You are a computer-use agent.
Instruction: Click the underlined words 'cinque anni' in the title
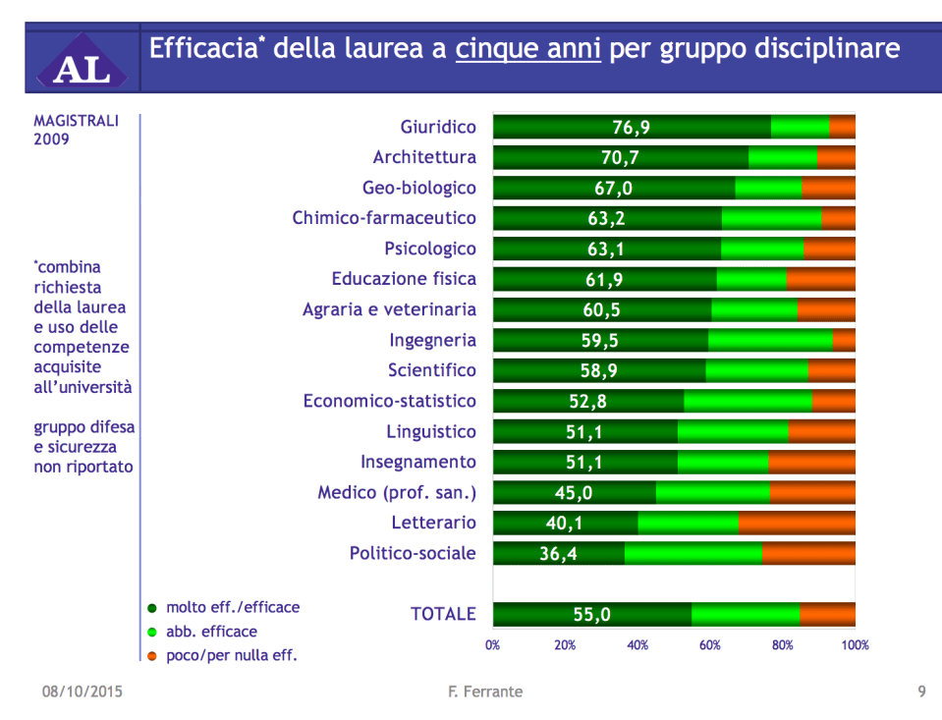point(527,49)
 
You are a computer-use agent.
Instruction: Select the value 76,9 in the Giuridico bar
point(631,127)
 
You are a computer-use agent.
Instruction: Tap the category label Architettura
point(424,157)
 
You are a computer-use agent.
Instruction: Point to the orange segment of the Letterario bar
point(796,524)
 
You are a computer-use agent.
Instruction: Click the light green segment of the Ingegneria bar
point(769,341)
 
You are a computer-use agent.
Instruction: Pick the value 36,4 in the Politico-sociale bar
point(558,554)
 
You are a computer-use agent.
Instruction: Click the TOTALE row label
point(443,614)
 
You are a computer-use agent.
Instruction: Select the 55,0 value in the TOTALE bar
point(591,615)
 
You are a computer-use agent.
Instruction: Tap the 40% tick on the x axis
point(637,645)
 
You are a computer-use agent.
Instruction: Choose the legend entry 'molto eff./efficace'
point(232,608)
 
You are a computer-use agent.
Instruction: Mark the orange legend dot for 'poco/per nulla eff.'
point(152,655)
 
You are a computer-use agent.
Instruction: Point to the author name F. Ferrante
point(484,692)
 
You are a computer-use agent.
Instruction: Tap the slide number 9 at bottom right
point(921,692)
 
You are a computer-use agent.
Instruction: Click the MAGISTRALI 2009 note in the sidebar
point(76,130)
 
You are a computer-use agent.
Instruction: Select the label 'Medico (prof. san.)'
point(396,493)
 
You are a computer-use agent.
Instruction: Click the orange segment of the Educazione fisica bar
point(820,280)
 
